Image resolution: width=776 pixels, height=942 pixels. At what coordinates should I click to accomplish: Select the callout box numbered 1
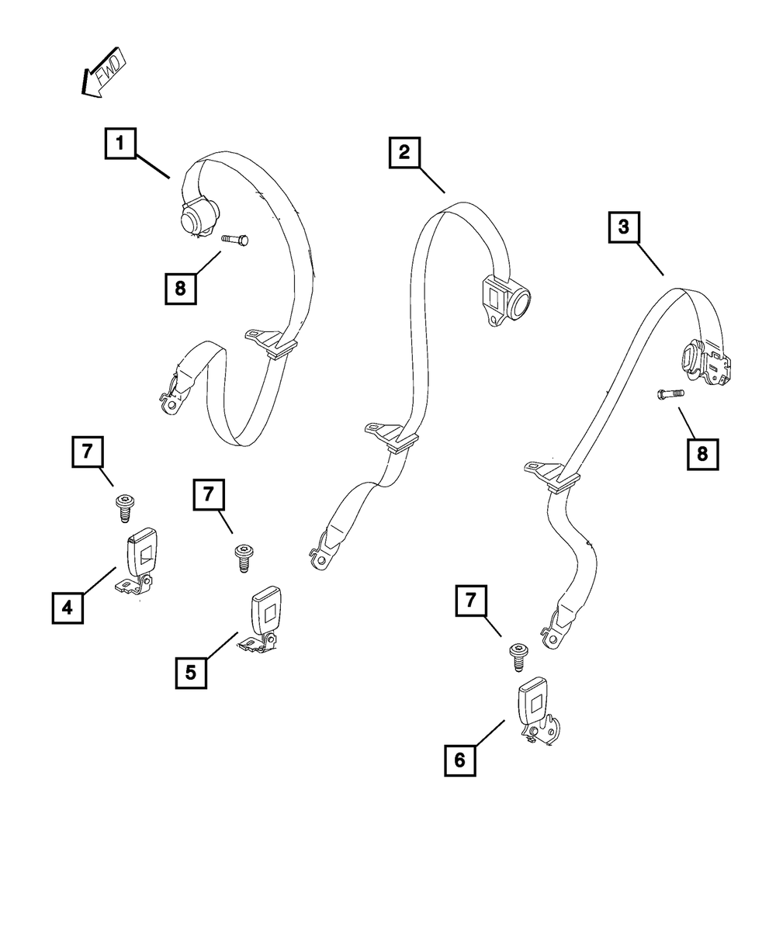pos(120,144)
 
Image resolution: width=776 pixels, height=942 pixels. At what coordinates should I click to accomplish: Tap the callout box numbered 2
pos(404,152)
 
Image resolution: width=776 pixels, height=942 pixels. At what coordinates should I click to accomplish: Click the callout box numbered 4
pos(68,608)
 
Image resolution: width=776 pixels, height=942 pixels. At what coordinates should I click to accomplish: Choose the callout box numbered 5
pos(191,672)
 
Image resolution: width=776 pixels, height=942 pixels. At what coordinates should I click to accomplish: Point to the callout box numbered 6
pos(460,760)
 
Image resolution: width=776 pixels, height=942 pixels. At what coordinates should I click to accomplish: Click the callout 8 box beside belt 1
pos(180,289)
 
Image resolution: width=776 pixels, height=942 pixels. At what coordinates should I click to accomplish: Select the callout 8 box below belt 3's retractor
pos(702,454)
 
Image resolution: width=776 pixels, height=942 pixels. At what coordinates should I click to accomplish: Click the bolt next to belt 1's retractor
pos(234,241)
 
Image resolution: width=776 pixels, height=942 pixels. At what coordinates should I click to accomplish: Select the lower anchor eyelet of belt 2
pos(319,559)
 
